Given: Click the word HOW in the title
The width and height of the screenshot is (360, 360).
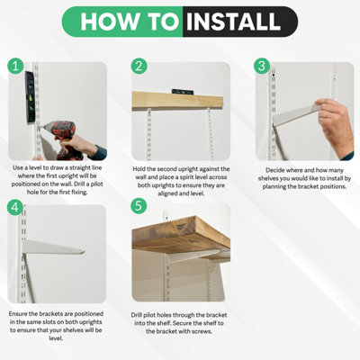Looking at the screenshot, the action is coord(110,22).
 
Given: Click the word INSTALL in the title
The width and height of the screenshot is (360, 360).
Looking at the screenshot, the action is coord(233,22).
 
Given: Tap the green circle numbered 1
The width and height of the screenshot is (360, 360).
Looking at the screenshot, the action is coord(15,67).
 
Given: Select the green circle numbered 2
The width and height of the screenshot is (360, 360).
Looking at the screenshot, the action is coord(139,66).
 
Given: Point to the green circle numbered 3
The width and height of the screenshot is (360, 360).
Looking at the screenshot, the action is coord(262,66).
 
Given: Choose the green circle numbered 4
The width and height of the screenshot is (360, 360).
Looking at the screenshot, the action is coord(15,207).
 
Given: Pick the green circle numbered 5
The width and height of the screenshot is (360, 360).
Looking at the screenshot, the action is coord(139,206).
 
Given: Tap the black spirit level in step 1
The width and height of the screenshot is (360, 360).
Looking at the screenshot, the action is coord(30,97).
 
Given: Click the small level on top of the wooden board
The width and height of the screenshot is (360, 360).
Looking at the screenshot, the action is coord(183,92).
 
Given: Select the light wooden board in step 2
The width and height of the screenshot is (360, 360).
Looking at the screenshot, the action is coord(177,101).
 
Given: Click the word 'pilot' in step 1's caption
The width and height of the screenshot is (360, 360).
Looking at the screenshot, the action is coord(95,184).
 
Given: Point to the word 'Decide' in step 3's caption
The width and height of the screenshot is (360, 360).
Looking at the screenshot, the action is coord(274,170).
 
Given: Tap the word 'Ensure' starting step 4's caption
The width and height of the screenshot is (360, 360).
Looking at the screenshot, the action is coord(18,314).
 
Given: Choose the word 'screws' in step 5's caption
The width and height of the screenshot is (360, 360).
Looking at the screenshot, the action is coord(203,331).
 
